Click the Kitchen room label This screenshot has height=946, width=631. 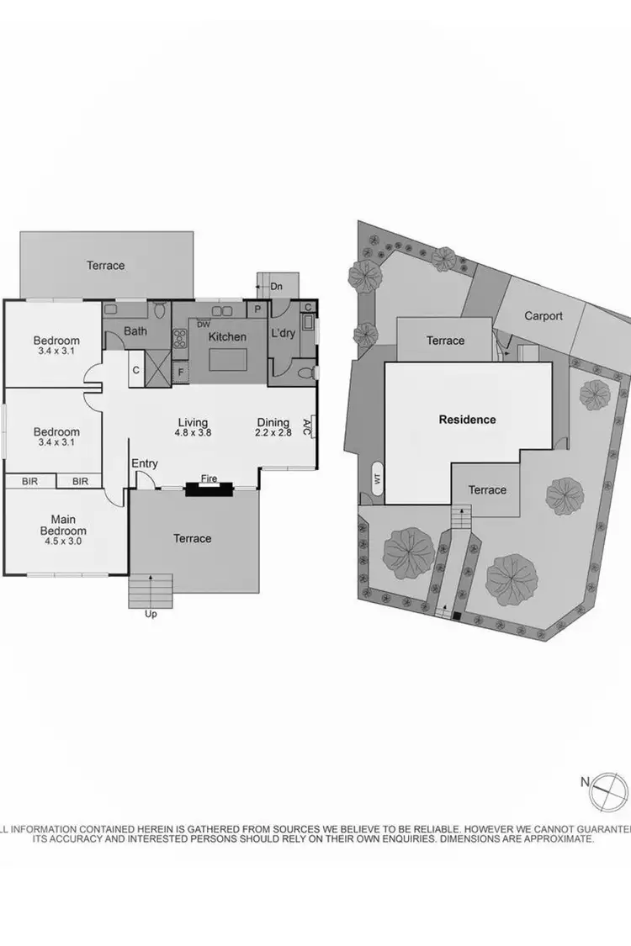pos(227,337)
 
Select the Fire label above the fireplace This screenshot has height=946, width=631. pos(209,479)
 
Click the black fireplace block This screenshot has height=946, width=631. pos(209,489)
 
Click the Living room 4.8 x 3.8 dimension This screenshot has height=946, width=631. pos(193,434)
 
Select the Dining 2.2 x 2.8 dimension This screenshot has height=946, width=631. pos(273,434)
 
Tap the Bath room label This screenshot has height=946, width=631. pos(135,331)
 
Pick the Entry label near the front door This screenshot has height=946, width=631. pos(145,463)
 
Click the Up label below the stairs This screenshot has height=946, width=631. pos(151,614)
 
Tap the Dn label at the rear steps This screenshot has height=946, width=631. pos(276,287)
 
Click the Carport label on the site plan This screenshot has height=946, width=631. pos(544,316)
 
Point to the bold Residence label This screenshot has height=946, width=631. pos(468,420)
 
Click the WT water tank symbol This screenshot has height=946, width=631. pos(376,479)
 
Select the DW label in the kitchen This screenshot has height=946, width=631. pos(203,325)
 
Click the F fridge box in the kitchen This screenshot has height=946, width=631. pos(180,371)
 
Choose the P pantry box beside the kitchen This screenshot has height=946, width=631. pos(257,309)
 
